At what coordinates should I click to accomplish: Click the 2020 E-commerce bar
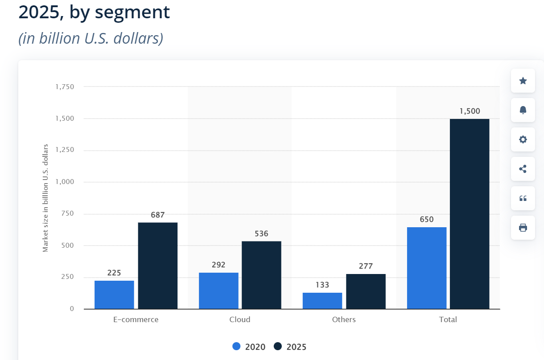[x=114, y=295]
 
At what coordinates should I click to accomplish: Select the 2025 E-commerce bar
[x=157, y=266]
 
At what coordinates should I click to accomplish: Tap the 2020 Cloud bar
[x=218, y=291]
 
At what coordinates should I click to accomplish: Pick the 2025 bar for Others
[x=366, y=291]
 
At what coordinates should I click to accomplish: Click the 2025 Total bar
[x=470, y=214]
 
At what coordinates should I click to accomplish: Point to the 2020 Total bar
[x=427, y=268]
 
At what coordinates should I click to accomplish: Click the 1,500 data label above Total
[x=470, y=111]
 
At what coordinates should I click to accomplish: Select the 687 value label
[x=157, y=215]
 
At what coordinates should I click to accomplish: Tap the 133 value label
[x=322, y=285]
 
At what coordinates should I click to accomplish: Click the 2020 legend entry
[x=249, y=347]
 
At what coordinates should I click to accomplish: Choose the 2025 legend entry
[x=290, y=347]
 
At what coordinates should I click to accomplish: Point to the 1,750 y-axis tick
[x=65, y=87]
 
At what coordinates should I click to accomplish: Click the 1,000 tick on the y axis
[x=65, y=182]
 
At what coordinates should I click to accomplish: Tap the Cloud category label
[x=240, y=319]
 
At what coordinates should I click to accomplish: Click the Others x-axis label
[x=344, y=319]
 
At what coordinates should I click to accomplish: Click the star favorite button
[x=523, y=81]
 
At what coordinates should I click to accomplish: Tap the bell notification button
[x=523, y=110]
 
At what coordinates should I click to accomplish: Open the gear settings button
[x=523, y=139]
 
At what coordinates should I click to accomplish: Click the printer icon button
[x=523, y=228]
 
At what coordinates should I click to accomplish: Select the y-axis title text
[x=45, y=198]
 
